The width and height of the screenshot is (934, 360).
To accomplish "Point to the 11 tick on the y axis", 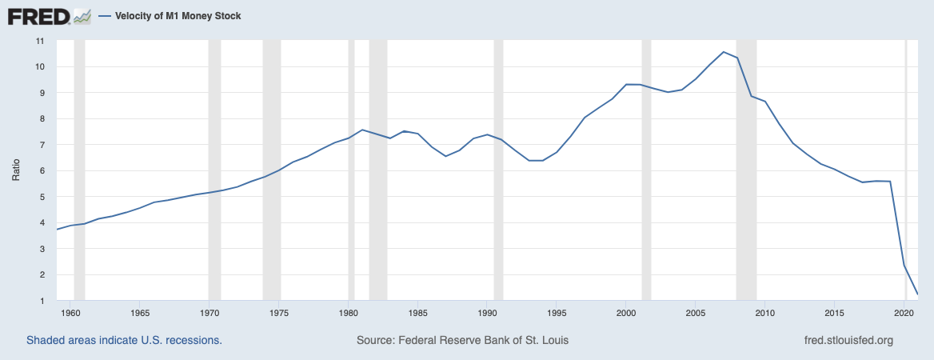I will point(39,41).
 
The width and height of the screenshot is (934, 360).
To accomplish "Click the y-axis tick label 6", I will point(40,171).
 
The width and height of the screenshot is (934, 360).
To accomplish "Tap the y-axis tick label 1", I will point(40,301).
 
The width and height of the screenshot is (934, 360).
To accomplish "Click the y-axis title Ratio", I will point(15,170).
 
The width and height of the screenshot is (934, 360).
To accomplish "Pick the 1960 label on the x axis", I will point(70,313).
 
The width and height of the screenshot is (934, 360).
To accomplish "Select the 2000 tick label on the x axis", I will point(626,313).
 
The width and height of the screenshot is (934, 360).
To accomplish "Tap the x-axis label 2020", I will point(904,313).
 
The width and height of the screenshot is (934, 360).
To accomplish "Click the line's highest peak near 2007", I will point(723,52).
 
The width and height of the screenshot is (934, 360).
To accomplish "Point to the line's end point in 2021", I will point(917,294).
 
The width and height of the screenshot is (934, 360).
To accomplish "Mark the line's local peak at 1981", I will point(362,130).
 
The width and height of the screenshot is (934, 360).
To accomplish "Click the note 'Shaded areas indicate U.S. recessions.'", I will point(124,340).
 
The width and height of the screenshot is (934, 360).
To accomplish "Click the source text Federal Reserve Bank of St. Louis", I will point(462,340).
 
